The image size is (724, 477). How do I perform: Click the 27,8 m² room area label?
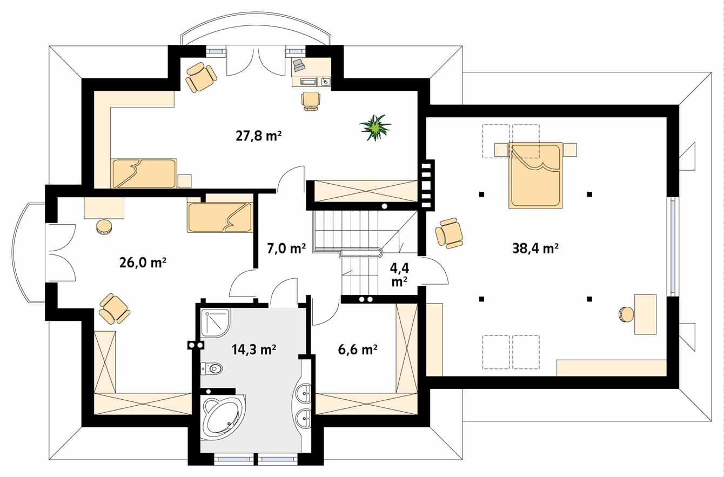[x=259, y=136]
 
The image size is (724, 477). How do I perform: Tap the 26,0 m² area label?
[x=142, y=263]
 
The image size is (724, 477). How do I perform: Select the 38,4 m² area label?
[x=535, y=248]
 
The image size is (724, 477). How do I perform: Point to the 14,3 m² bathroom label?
[x=254, y=350]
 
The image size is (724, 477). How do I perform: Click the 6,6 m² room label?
[x=357, y=350]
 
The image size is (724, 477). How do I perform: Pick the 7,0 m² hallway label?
[x=286, y=248]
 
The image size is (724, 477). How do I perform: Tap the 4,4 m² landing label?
[x=399, y=274]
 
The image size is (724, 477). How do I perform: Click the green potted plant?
[x=375, y=128]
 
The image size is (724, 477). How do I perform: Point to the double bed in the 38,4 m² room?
[x=535, y=176]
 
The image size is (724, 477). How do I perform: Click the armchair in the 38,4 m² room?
[x=450, y=233]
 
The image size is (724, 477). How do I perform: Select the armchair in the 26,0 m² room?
[x=114, y=309]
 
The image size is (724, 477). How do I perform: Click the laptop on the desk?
[x=299, y=66]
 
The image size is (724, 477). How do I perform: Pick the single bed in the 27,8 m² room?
[x=144, y=173]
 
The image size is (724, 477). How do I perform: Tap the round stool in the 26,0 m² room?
[x=104, y=227]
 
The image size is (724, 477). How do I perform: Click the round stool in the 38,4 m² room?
[x=627, y=314]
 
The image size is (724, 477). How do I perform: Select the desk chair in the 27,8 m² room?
[x=311, y=100]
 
